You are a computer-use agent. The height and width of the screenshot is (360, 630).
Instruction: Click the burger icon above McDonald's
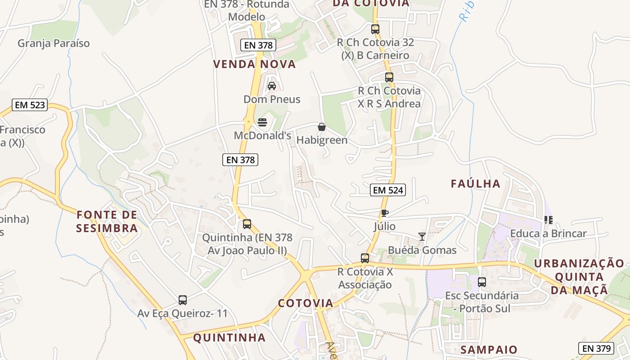point(262,122)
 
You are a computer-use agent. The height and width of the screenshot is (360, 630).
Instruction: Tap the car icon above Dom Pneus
point(272,85)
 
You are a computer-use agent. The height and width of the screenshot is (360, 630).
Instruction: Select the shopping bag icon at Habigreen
point(322,127)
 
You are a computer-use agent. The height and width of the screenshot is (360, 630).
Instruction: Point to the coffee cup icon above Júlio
point(384,213)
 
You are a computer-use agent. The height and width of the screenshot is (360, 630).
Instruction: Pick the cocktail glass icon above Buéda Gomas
point(422,236)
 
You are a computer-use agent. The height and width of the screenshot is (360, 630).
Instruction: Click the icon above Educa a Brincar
point(548,220)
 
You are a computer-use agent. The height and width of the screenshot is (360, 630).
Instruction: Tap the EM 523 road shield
point(30,105)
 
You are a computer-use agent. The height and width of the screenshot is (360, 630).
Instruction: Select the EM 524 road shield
point(388,190)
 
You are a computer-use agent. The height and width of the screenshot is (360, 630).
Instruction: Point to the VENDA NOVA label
point(255,64)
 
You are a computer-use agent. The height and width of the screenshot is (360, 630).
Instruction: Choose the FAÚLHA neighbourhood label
point(476,184)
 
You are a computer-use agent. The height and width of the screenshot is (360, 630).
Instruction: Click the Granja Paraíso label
point(54,44)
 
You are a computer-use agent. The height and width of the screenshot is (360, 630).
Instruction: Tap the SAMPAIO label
point(489,350)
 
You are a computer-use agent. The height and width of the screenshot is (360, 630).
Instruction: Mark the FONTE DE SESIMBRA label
point(107,221)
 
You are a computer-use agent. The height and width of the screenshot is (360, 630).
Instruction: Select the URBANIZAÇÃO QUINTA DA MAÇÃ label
point(580,277)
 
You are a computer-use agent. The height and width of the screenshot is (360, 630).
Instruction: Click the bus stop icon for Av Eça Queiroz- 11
point(183,300)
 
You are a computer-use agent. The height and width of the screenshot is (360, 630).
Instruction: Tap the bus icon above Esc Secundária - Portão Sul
point(482,282)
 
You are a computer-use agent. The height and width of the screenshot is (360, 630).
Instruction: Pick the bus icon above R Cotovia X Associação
point(365,258)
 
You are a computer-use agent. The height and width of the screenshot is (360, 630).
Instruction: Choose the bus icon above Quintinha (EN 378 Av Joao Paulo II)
point(247,224)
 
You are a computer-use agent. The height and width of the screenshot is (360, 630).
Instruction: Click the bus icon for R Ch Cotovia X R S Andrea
point(389,77)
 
